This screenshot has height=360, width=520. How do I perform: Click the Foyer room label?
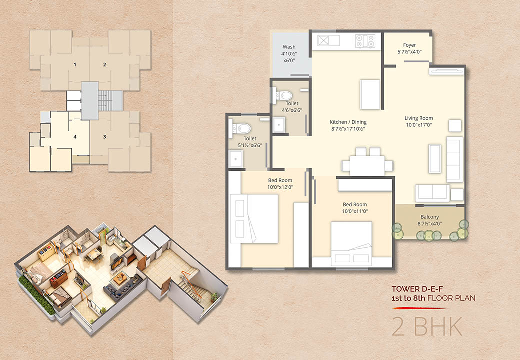click(x=409, y=45)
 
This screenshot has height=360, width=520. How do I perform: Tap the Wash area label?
click(x=289, y=47)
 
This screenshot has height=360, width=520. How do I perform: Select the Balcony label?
click(x=430, y=217)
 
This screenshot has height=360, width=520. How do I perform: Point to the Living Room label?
click(x=419, y=118)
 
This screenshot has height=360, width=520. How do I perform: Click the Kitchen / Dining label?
click(x=348, y=122)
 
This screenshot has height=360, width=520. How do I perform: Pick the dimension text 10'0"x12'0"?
click(x=280, y=187)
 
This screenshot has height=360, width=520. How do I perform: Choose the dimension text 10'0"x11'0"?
click(x=355, y=212)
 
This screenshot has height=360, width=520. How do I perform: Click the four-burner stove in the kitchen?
click(x=365, y=41)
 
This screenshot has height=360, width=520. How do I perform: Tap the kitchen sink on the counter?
click(x=328, y=41)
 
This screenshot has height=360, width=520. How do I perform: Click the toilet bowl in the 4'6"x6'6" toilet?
click(x=282, y=96)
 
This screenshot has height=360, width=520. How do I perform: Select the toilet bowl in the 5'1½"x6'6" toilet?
click(x=240, y=128)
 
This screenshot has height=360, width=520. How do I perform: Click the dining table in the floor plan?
click(x=367, y=165)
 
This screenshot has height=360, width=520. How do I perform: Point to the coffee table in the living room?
click(x=435, y=159)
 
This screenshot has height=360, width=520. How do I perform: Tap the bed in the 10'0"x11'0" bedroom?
click(x=351, y=244)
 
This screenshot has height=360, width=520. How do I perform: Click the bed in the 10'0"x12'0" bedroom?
click(x=254, y=219)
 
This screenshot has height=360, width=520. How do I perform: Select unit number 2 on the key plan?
click(x=105, y=64)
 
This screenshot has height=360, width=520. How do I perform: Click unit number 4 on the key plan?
click(x=75, y=137)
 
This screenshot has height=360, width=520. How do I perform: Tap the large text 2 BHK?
click(x=427, y=327)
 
